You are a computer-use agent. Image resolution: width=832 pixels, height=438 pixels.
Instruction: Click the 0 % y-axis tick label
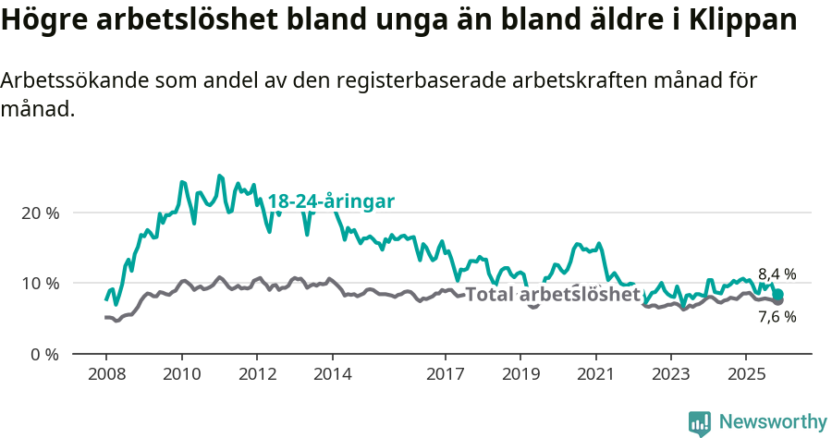44,354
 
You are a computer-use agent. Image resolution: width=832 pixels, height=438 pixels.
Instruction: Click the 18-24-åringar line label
332,201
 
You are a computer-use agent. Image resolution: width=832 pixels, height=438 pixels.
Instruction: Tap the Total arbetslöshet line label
553,295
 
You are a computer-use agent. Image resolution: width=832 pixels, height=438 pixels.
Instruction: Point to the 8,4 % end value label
777,274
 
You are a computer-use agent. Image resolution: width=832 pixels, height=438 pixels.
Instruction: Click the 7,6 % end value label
777,317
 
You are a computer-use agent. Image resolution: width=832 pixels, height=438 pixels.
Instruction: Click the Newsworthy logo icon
700,423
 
